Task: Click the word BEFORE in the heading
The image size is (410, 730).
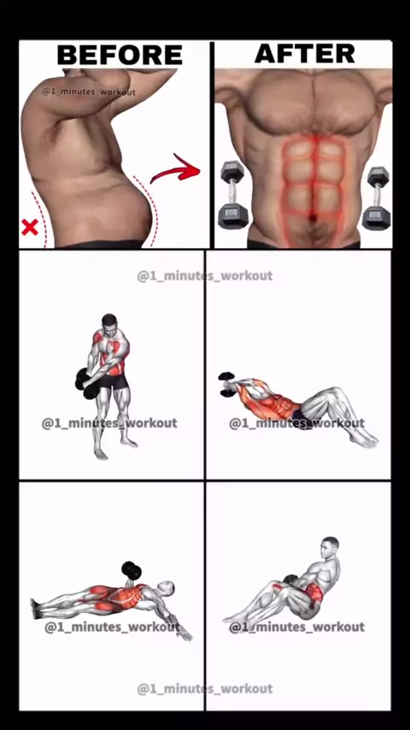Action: [120, 55]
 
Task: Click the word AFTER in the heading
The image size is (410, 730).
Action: [305, 53]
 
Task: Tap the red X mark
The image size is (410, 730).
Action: [30, 227]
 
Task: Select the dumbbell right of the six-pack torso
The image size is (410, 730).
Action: [377, 197]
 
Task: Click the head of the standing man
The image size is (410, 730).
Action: [109, 321]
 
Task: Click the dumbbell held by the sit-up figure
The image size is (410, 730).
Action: [226, 385]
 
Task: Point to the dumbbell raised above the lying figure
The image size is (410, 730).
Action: [132, 571]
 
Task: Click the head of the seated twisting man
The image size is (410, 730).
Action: [330, 545]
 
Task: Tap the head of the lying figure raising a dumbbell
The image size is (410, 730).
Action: [167, 588]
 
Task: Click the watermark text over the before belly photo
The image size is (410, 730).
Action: [89, 91]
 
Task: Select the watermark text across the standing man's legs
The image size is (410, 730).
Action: [109, 423]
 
